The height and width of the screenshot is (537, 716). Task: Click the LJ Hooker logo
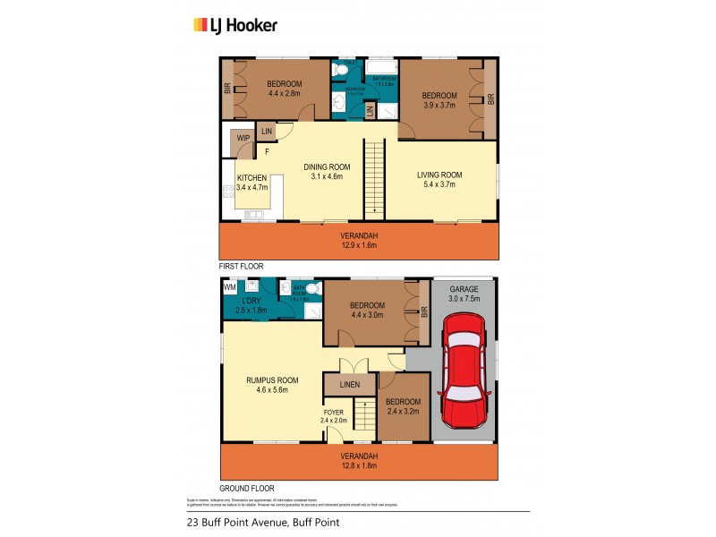pos(235,25)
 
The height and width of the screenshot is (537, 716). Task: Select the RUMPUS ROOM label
pos(272,380)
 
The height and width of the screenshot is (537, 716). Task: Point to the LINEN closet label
pos(350,385)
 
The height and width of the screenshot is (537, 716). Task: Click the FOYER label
pos(333,413)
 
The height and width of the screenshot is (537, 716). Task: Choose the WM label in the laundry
pos(229,287)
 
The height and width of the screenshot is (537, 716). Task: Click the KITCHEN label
pos(251,179)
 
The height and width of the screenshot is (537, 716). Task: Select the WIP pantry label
pos(243,138)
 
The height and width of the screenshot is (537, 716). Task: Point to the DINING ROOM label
pos(326,167)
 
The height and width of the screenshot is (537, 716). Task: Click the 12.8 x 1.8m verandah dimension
pos(359,466)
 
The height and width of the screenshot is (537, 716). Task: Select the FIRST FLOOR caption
pos(245,267)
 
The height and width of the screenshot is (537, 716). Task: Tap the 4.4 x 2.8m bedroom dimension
pos(284,92)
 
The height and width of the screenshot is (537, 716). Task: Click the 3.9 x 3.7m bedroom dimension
pos(439,106)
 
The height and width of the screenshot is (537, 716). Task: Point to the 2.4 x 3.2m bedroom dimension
pos(403,413)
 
